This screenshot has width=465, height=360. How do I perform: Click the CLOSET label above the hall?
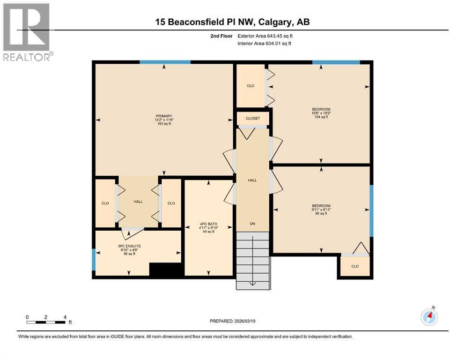252,119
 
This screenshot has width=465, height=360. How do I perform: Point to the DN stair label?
252,224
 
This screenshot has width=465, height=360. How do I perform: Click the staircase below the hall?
252,260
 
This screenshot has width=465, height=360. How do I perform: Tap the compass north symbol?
429,317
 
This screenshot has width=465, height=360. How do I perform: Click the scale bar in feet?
46,322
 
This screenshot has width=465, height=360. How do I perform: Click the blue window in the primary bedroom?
165,62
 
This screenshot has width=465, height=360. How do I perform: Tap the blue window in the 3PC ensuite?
94,260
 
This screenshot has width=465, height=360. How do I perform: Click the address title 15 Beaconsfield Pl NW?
233,22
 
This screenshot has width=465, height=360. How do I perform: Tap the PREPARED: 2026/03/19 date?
233,321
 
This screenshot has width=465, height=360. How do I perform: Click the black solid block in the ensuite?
165,270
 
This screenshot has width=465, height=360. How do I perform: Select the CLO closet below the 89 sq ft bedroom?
355,266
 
